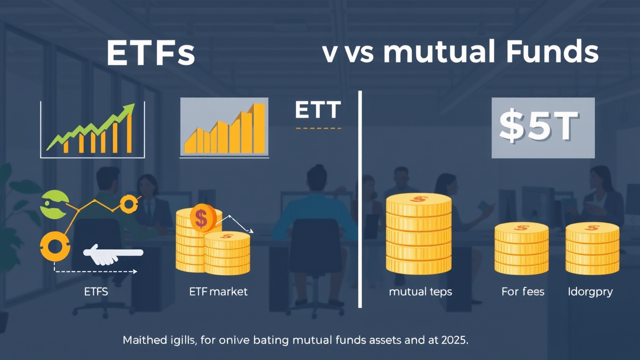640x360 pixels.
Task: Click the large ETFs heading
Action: tap(150, 54)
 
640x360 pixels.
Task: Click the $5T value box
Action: tap(543, 128)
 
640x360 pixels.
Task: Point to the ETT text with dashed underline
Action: tap(318, 110)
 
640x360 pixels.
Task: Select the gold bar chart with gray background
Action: tap(224, 127)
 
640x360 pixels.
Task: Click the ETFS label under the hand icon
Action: tap(96, 291)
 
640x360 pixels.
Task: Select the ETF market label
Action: tap(218, 291)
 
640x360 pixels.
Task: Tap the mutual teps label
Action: tap(420, 291)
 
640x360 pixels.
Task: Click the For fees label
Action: tap(522, 291)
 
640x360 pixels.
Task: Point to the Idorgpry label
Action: tap(590, 291)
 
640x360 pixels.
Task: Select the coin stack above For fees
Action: tap(521, 248)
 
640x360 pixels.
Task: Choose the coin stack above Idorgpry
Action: tap(592, 248)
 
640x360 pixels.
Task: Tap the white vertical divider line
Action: tap(359, 200)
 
